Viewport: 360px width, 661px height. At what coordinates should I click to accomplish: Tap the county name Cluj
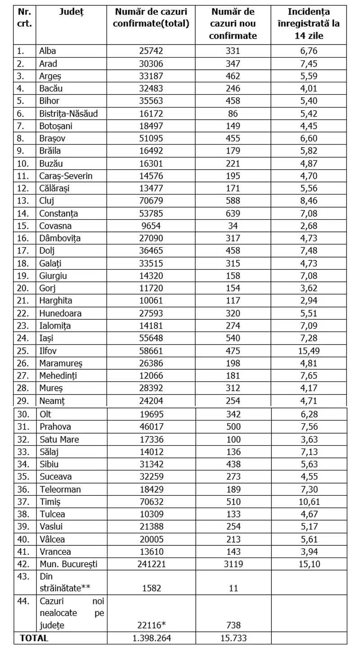tap(46, 201)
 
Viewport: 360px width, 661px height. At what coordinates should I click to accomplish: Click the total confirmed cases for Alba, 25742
tap(151, 51)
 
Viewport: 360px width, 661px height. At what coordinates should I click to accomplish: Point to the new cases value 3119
tap(233, 563)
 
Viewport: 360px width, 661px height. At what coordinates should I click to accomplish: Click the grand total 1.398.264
tap(151, 638)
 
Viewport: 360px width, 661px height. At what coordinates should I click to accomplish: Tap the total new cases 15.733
tap(233, 638)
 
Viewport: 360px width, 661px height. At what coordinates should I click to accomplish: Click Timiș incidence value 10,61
tap(309, 501)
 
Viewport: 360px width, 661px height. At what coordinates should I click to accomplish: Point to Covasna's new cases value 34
tap(233, 226)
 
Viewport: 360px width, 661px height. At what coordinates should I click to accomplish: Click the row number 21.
tap(22, 300)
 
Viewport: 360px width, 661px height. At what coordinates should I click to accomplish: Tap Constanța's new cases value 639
tap(233, 213)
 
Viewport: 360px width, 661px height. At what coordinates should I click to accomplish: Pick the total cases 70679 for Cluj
tap(151, 201)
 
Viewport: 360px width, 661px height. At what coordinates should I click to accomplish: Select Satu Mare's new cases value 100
tap(233, 439)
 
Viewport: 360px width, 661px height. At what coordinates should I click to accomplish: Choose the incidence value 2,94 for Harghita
tap(309, 300)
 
